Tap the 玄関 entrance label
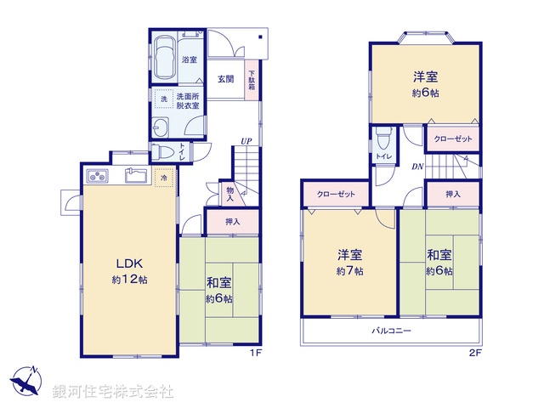(225, 80)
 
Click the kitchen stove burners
(96, 178)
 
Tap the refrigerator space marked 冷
(164, 178)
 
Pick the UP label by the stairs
(246, 140)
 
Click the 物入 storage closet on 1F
(229, 195)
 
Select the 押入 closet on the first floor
(232, 222)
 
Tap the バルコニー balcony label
(391, 330)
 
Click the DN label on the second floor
(417, 167)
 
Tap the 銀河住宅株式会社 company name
(112, 391)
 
